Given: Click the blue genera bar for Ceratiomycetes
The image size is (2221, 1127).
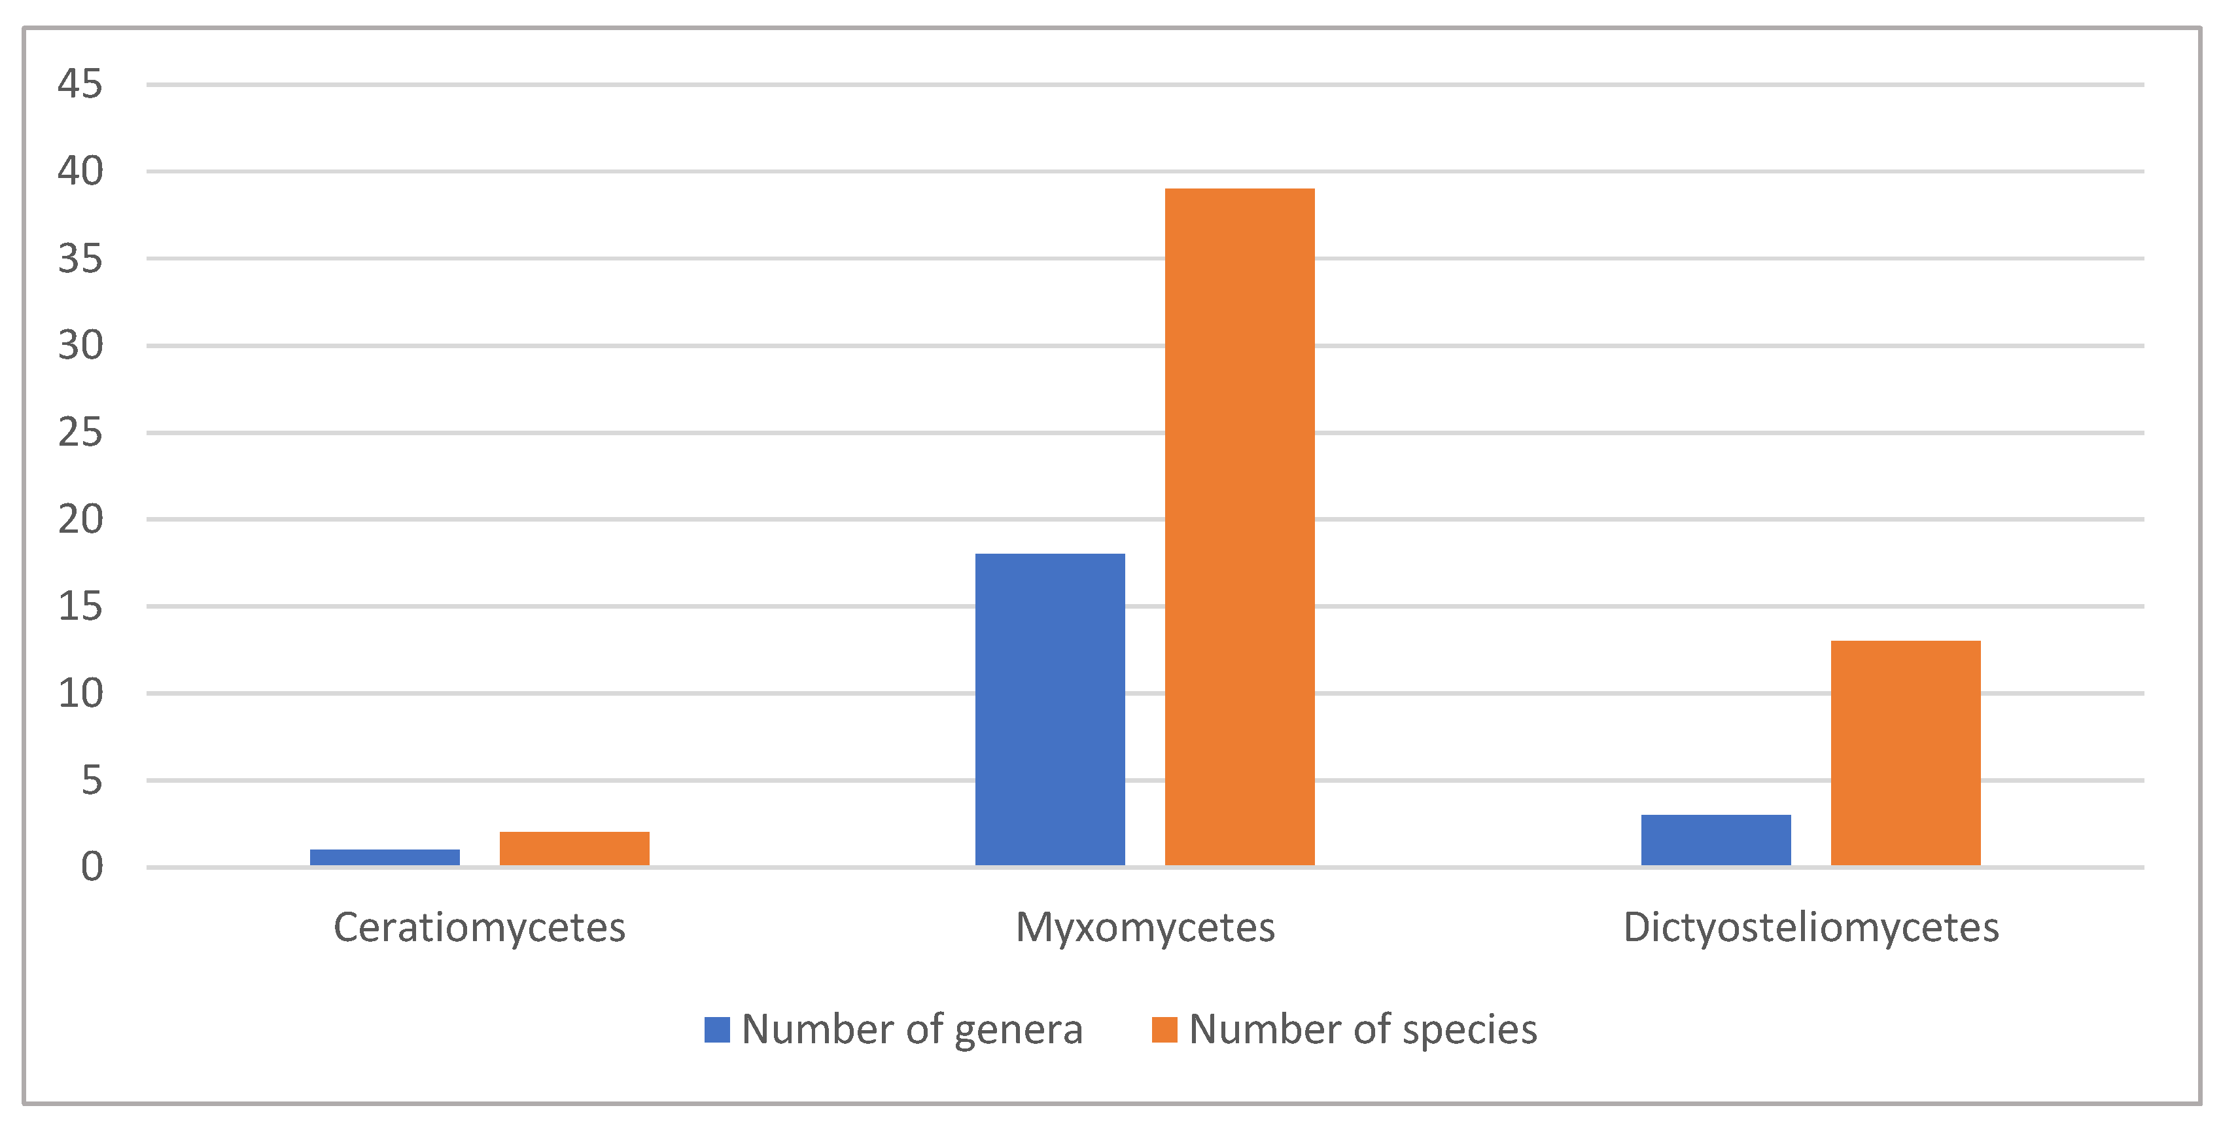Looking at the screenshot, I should click(385, 857).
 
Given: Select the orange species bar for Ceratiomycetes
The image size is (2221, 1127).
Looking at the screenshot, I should click(574, 848).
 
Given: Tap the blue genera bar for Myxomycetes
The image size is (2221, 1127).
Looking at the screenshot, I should click(1049, 709).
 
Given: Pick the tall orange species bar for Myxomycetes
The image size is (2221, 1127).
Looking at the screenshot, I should click(1239, 526).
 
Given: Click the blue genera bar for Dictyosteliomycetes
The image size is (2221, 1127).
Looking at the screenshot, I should click(1716, 840).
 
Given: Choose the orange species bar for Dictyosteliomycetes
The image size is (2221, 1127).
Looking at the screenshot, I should click(1906, 752).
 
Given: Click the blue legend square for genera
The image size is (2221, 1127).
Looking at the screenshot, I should click(716, 1029).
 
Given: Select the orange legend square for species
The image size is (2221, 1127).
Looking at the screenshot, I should click(1164, 1029).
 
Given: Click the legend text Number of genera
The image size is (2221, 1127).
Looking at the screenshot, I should click(911, 1029).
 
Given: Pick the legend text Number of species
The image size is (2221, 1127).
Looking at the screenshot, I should click(1362, 1029).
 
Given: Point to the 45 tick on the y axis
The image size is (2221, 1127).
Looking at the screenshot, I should click(80, 84).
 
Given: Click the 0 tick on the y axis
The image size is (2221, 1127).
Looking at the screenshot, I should click(92, 867).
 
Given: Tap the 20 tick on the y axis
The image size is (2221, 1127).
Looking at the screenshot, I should click(80, 519).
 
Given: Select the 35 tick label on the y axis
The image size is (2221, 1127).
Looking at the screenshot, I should click(80, 259).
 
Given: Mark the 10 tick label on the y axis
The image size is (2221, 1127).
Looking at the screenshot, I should click(80, 693).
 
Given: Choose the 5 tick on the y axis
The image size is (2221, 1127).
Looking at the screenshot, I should click(92, 780).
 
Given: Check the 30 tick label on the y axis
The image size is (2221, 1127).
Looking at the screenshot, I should click(80, 346).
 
